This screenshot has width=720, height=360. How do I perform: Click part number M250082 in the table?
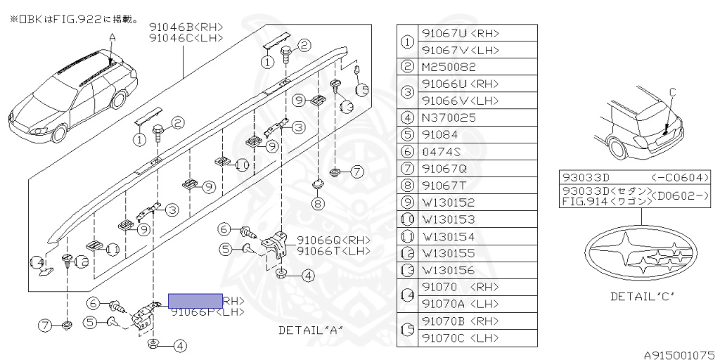pos(448,67)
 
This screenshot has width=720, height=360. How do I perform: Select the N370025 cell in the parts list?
pos(448,117)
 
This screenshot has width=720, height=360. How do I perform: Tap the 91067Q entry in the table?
pos(444,168)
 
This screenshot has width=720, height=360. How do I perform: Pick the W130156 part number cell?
pos(448,270)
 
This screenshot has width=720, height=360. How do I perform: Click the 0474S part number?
pos(441,151)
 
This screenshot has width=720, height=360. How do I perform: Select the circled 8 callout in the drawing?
pos(318,204)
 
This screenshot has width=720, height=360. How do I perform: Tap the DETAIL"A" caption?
pos(310,330)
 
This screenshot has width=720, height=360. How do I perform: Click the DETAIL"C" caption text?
pos(643,296)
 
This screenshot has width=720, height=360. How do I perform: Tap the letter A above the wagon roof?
pos(112,36)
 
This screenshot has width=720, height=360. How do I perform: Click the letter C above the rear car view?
pos(671,91)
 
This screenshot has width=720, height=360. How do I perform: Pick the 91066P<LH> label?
pos(207,312)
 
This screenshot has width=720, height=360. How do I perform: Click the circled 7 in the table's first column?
pos(407,169)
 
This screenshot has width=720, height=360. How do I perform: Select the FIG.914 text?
pos(581,200)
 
